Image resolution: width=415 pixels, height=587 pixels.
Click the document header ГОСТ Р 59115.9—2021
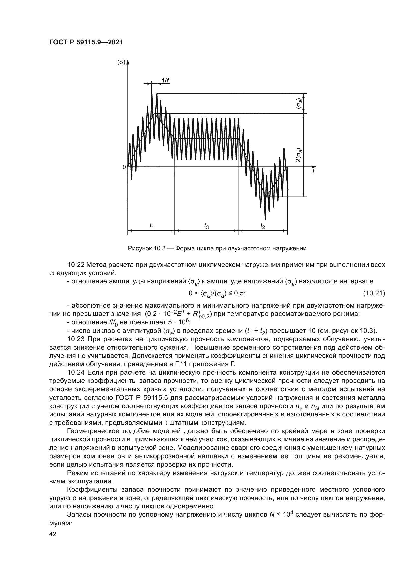[x=86, y=42]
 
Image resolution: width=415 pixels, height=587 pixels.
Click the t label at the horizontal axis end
[x=313, y=172]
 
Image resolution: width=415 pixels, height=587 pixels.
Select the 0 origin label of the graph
[x=124, y=167]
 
